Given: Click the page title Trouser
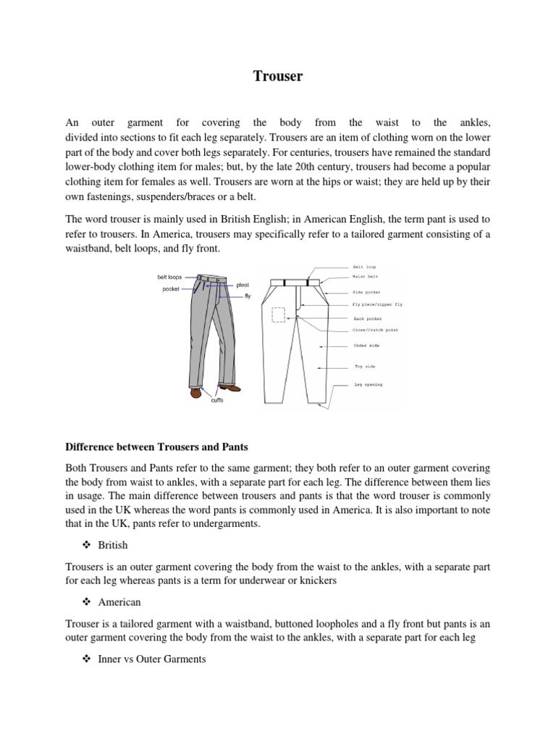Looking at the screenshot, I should [x=278, y=76].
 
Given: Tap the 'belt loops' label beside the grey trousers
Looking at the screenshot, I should [x=170, y=277].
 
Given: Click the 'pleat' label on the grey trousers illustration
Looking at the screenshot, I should [x=243, y=285].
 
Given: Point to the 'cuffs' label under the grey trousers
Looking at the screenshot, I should [x=217, y=399].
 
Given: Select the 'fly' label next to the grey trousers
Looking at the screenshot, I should [x=247, y=296].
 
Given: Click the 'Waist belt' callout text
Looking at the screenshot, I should [x=365, y=277].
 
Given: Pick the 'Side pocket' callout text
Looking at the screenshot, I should [x=366, y=292].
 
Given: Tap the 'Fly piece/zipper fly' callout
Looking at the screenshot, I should [x=377, y=305].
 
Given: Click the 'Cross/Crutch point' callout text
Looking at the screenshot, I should [x=375, y=330].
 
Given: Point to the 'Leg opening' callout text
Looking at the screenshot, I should [x=368, y=384].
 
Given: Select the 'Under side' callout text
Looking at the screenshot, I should [x=366, y=346].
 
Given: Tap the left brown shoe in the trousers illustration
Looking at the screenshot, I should [x=195, y=392].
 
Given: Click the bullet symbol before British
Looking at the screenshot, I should [x=88, y=545].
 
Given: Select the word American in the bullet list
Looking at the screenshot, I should [x=119, y=602].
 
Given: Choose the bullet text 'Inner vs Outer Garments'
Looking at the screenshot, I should [x=152, y=659].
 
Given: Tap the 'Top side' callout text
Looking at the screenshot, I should [x=363, y=367].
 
